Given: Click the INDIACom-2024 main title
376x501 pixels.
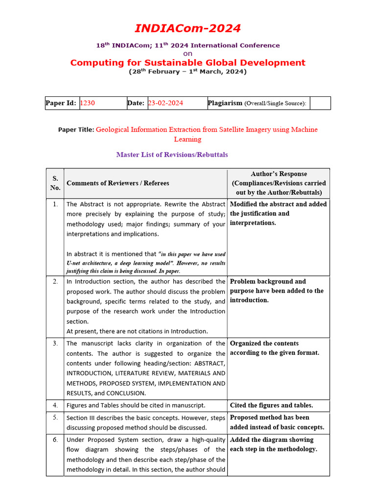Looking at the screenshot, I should tap(188, 28).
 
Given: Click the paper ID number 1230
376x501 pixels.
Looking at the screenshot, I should tap(87, 103).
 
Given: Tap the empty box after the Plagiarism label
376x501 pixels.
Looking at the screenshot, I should tap(320, 103).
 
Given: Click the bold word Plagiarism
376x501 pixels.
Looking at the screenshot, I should tap(225, 103).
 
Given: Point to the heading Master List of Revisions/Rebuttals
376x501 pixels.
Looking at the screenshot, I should tap(172, 155).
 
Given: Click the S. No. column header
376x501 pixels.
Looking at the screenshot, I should tap(55, 183).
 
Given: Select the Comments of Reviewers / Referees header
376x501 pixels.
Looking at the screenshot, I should tap(118, 183).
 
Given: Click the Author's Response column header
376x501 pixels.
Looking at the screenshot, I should tap(279, 183).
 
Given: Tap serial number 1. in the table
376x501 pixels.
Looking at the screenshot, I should tap(55, 204).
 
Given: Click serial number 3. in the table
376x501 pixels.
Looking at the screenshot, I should tap(55, 343).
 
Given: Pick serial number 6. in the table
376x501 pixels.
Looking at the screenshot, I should tap(55, 440).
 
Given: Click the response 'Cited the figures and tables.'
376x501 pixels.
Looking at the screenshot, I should tap(271, 405).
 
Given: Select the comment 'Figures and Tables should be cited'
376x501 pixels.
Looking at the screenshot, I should tap(136, 405).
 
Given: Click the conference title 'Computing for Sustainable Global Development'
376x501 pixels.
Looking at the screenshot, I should tap(188, 63).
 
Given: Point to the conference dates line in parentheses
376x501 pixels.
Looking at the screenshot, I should tap(188, 72).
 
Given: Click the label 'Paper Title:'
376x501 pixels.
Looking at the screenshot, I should tap(76, 130).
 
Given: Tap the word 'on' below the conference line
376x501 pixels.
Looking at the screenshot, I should tap(188, 53).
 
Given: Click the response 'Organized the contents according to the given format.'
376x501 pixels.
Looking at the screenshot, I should tap(274, 348).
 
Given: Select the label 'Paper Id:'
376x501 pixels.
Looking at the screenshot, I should tap(61, 103).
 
